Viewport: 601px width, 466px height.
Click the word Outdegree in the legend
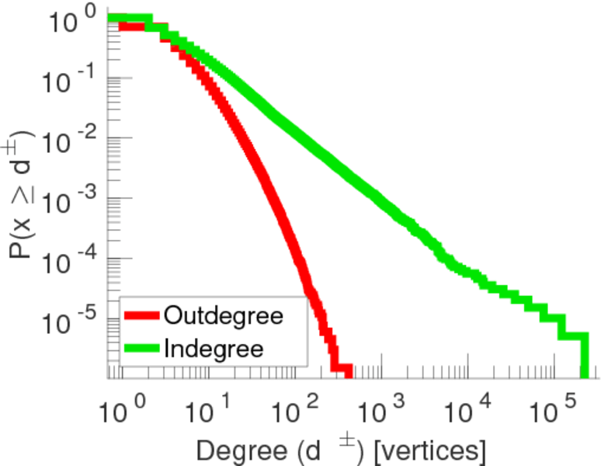click(222, 316)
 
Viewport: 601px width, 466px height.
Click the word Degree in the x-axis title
click(231, 450)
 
